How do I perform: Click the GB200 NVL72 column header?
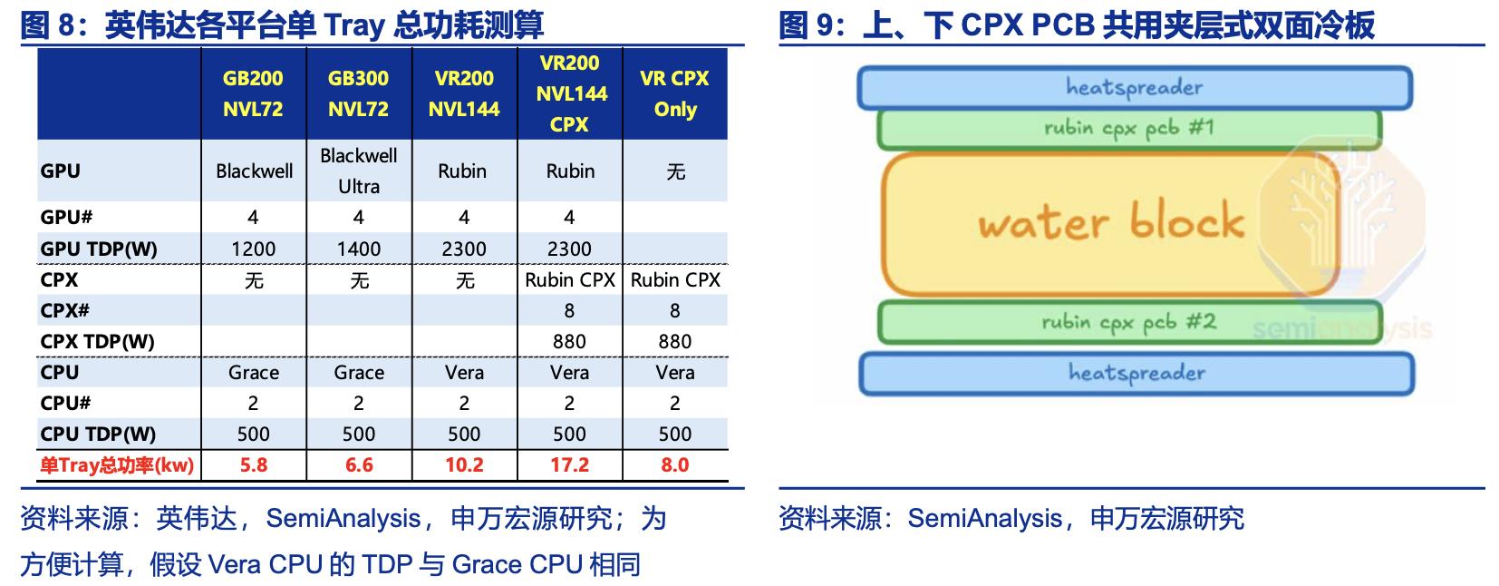pyautogui.click(x=253, y=93)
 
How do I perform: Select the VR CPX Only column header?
pyautogui.click(x=674, y=93)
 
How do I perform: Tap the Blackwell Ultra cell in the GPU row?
pyautogui.click(x=359, y=171)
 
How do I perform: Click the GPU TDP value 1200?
pyautogui.click(x=253, y=249)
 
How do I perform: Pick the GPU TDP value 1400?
pyautogui.click(x=359, y=249)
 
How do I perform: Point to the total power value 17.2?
pyautogui.click(x=569, y=464)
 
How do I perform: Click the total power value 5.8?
pyautogui.click(x=254, y=464)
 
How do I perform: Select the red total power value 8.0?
pyautogui.click(x=674, y=464)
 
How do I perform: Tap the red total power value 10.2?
pyautogui.click(x=464, y=464)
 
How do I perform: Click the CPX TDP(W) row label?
pyautogui.click(x=98, y=342)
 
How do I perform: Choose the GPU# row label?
pyautogui.click(x=66, y=217)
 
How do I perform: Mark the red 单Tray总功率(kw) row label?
pyautogui.click(x=117, y=464)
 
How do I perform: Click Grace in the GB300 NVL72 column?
pyautogui.click(x=359, y=372)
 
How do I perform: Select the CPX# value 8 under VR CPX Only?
pyautogui.click(x=674, y=311)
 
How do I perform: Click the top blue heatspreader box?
pyautogui.click(x=1135, y=88)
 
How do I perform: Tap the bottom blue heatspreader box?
pyautogui.click(x=1137, y=373)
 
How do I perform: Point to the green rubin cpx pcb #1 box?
pyautogui.click(x=1129, y=129)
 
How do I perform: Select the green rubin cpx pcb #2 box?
pyautogui.click(x=1129, y=322)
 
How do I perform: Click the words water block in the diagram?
pyautogui.click(x=1111, y=221)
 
